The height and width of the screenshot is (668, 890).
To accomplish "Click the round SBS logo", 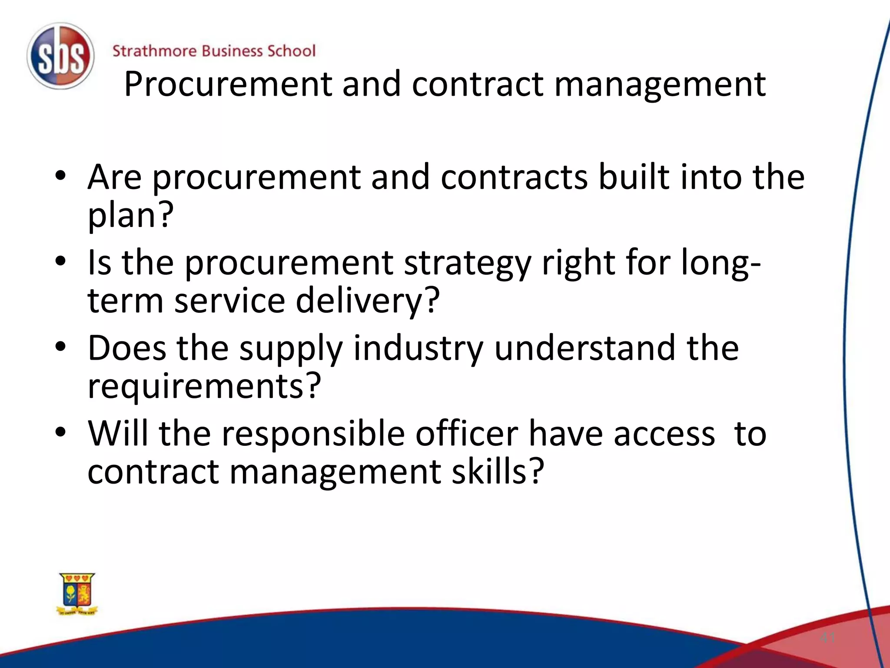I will coord(60,56).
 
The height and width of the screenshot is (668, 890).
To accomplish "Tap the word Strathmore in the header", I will coord(154,51).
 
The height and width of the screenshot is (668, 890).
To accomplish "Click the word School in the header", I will coord(291,51).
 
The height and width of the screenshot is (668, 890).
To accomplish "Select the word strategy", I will coord(468,264).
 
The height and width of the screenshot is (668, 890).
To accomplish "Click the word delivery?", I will coord(368,301).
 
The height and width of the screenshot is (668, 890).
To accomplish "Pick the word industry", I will coord(418,348).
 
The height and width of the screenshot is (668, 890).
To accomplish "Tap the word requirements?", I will coord(204,386).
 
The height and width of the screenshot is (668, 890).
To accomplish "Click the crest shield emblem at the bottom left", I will coord(77,593).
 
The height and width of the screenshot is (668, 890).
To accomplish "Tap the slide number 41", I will coord(827,638).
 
